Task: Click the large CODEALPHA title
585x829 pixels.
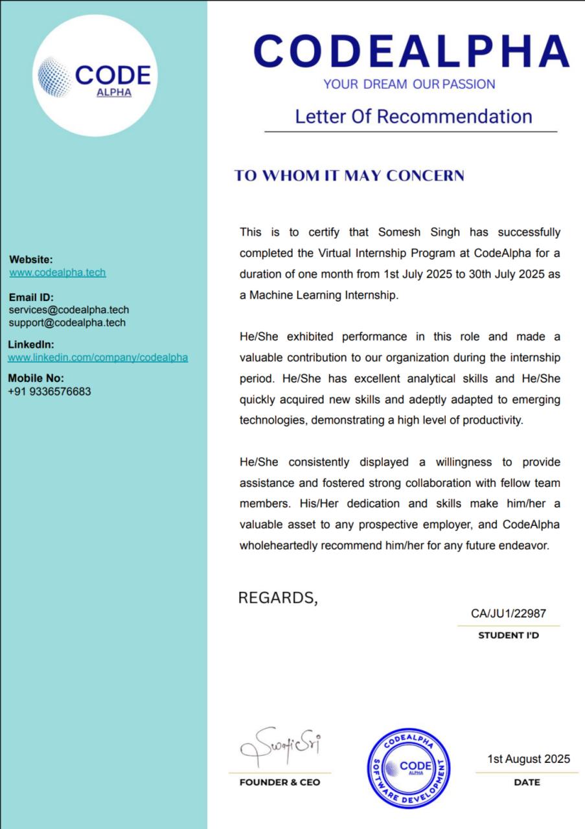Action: coord(411,51)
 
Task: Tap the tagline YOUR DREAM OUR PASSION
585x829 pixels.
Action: coord(409,84)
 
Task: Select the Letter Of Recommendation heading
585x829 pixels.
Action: coord(413,117)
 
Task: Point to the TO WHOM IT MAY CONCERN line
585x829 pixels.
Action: coord(349,176)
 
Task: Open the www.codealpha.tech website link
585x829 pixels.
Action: coord(58,273)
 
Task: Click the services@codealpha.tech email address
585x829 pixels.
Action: coord(69,310)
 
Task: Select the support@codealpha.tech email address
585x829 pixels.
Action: coord(67,323)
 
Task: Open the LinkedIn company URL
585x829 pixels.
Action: coord(98,358)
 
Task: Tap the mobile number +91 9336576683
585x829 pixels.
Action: coord(50,392)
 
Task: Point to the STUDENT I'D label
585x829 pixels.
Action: coord(509,635)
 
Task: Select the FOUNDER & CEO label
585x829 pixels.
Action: coord(280,782)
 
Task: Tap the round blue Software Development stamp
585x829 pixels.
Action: coord(409,768)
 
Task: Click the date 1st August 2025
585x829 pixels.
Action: coord(529,759)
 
